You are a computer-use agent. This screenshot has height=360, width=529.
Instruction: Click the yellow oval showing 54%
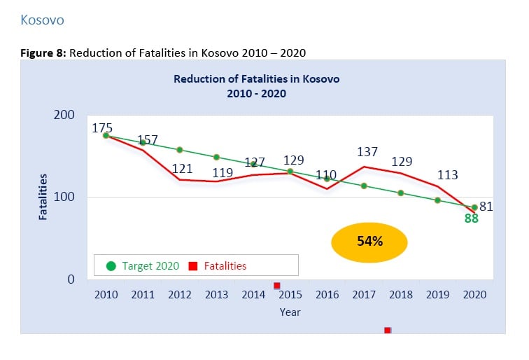[369, 241]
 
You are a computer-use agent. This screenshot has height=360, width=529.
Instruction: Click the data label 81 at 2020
[486, 207]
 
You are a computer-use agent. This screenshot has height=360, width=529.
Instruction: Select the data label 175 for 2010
[103, 128]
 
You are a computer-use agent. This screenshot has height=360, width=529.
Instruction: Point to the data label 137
[367, 151]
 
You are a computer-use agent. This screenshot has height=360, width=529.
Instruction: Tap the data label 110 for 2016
[326, 174]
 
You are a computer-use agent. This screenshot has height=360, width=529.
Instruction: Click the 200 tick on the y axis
[64, 114]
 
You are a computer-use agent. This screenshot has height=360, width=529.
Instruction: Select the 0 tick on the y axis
[71, 279]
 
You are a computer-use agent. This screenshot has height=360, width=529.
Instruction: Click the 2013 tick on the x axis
[217, 296]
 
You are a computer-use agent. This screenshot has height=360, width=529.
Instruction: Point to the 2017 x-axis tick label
[364, 296]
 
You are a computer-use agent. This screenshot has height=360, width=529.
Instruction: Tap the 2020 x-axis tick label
[474, 296]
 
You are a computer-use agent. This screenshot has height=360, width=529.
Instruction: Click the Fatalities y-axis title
[43, 197]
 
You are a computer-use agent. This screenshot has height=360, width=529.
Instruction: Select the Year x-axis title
[290, 312]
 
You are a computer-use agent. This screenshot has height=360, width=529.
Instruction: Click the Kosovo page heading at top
[42, 20]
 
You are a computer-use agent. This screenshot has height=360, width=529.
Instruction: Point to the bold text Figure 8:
[43, 53]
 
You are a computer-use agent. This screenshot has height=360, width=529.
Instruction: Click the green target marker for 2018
[401, 193]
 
